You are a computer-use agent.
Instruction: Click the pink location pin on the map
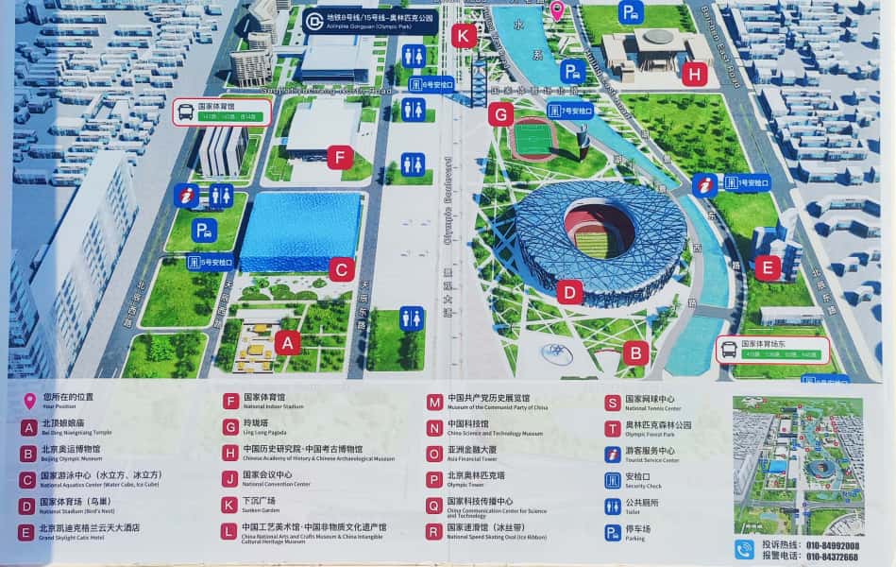[557, 10]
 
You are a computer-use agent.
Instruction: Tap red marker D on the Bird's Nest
[568, 292]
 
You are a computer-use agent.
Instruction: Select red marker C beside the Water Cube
[343, 270]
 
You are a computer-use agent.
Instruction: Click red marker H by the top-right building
[695, 74]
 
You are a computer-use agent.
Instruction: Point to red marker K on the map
[463, 36]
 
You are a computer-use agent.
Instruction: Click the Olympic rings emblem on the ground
[556, 352]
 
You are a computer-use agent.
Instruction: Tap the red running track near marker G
[534, 139]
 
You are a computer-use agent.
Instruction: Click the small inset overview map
[798, 466]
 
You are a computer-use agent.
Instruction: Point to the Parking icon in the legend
[613, 533]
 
